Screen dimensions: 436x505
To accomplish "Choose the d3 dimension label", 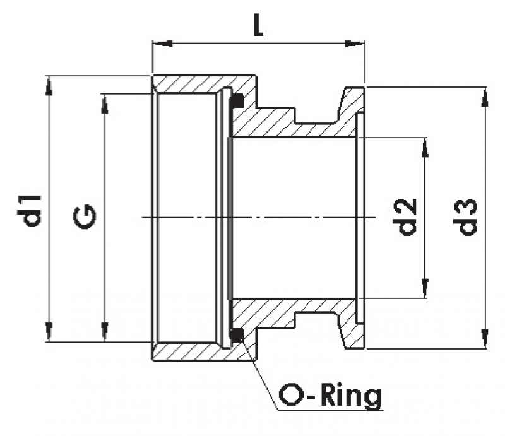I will pos(466,217).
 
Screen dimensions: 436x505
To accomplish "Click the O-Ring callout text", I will pos(331,396).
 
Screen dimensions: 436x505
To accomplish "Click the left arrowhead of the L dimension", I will pos(162,44).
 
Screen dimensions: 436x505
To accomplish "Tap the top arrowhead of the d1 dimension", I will pos(48,85).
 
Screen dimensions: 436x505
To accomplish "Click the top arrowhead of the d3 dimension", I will pos(485,95).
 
